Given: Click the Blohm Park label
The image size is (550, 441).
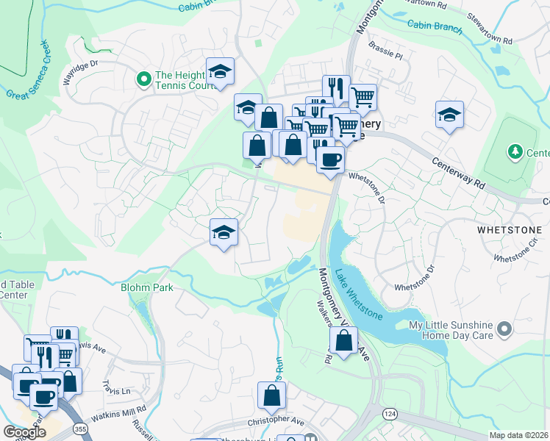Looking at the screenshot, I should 147,287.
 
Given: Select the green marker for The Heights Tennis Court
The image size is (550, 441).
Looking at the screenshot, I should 144,76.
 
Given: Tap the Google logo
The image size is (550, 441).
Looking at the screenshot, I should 24,432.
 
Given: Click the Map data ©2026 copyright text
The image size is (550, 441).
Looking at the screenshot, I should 518,435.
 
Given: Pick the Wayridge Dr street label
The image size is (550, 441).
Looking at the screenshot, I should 80,72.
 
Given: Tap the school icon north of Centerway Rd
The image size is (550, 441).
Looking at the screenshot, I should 449,115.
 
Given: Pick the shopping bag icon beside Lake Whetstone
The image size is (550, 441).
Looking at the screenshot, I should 343,340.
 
